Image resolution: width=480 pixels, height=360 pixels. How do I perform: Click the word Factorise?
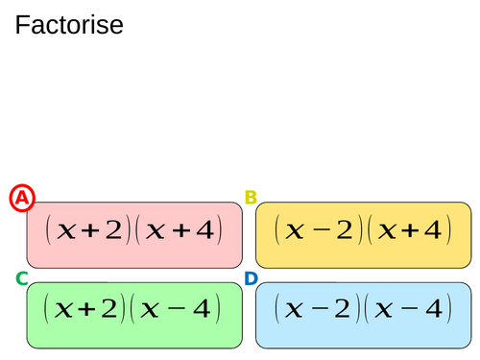[x=69, y=25]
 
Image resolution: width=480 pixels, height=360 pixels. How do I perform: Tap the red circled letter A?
[x=22, y=198]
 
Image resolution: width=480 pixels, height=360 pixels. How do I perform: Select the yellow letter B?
[x=251, y=198]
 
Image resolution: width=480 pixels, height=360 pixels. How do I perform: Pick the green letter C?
[x=21, y=278]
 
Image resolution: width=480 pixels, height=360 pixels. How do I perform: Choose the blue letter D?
[x=251, y=278]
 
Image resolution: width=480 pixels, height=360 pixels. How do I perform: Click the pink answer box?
[x=133, y=234]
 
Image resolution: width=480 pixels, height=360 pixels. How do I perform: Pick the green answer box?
[x=133, y=315]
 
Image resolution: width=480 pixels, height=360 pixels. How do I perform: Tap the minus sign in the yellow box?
[x=321, y=230]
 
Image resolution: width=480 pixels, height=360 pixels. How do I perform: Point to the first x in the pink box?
[x=65, y=231]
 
